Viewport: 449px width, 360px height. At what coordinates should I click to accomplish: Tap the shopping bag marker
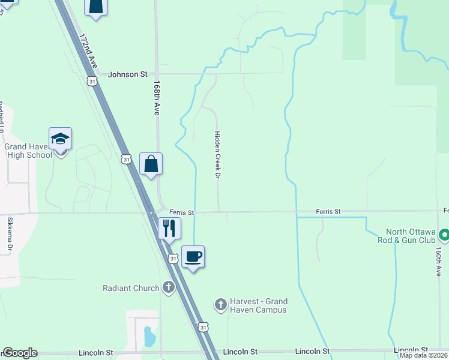pyautogui.click(x=151, y=164)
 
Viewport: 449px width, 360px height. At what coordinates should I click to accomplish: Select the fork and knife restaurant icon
pyautogui.click(x=169, y=229)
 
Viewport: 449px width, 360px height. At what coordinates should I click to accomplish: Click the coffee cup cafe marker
pyautogui.click(x=193, y=257)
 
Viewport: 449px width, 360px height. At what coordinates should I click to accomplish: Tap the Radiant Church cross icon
pyautogui.click(x=169, y=287)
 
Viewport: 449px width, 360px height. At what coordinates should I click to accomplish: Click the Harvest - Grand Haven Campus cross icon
pyautogui.click(x=220, y=305)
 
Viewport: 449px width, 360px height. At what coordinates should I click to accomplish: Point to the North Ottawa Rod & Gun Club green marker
pyautogui.click(x=444, y=234)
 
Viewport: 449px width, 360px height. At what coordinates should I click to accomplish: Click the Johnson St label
pyautogui.click(x=128, y=74)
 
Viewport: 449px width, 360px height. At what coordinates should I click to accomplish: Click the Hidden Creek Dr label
pyautogui.click(x=218, y=155)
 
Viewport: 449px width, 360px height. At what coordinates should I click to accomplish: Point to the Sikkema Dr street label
pyautogui.click(x=10, y=233)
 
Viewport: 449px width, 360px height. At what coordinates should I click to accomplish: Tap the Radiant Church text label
pyautogui.click(x=131, y=288)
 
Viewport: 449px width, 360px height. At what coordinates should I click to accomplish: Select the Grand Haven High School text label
pyautogui.click(x=28, y=151)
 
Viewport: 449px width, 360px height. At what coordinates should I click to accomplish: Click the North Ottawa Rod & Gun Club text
pyautogui.click(x=410, y=236)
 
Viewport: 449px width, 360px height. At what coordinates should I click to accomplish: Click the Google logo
pyautogui.click(x=20, y=353)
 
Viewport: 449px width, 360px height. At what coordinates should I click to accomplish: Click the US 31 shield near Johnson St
pyautogui.click(x=91, y=81)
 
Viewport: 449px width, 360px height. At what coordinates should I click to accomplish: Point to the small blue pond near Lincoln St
pyautogui.click(x=148, y=337)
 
